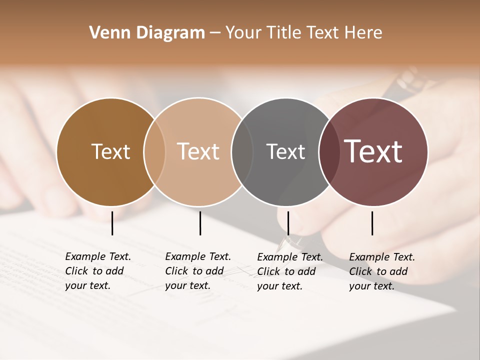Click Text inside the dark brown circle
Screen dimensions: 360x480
[110, 151]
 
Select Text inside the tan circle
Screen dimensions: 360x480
[198, 151]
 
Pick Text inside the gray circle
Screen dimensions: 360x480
[285, 151]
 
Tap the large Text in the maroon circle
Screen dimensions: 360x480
[373, 151]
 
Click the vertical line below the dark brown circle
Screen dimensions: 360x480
[112, 223]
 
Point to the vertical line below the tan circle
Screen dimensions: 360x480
[200, 223]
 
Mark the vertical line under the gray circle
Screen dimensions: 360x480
[288, 223]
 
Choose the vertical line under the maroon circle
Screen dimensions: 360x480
[372, 223]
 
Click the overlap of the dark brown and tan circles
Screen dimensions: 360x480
[154, 151]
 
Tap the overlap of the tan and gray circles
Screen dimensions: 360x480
[242, 151]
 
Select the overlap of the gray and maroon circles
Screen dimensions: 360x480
[329, 151]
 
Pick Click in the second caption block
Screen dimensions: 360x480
[176, 271]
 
